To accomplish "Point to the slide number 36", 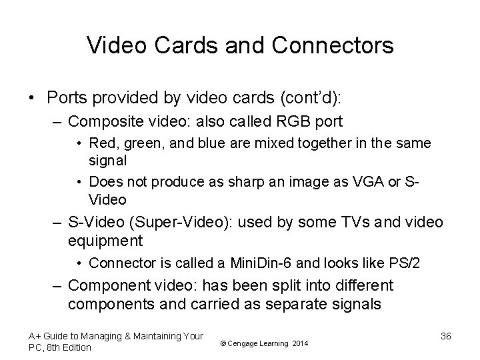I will (x=447, y=336).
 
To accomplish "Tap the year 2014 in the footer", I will (x=301, y=343).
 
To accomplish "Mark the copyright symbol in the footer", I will (x=222, y=343).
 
